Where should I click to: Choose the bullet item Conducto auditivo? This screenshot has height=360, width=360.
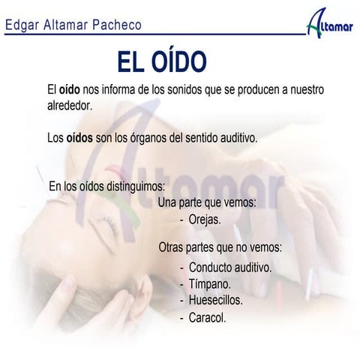[230, 268]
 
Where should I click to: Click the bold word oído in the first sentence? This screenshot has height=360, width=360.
[70, 91]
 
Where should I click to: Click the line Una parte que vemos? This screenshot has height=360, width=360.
[208, 202]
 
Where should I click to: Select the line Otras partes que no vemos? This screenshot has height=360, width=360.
[220, 247]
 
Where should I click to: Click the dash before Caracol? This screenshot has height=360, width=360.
[182, 317]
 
